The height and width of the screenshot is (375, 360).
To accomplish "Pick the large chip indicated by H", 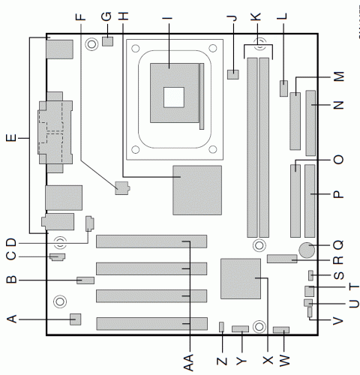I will pos(196,189).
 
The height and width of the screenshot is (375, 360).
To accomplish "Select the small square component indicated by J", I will pos(233,73).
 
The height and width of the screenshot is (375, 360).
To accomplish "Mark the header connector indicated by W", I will pos(281,331).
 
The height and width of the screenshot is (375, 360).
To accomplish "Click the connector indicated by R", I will pos(282,259).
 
